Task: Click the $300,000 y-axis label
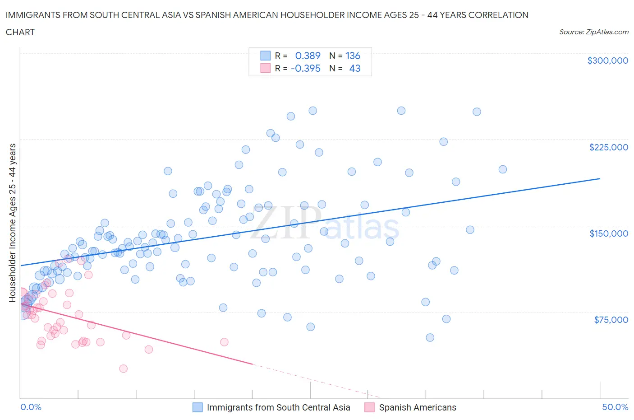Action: coord(607,61)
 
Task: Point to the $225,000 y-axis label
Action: coord(608,147)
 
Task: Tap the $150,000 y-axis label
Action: coord(608,233)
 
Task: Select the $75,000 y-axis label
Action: coord(611,320)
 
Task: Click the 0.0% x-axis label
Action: coord(31,407)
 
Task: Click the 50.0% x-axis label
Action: coord(615,407)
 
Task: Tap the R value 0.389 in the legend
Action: coord(308,56)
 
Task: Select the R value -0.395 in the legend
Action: coord(305,68)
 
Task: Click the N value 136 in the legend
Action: coord(353,56)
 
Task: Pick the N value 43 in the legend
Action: coord(354,68)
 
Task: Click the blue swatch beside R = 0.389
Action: coord(265,56)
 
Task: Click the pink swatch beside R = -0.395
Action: coord(265,68)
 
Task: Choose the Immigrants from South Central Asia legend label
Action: coord(278,407)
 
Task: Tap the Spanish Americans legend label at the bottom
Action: coord(417,407)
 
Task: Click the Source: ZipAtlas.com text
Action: coord(593,32)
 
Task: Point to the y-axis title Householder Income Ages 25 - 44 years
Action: coord(13,223)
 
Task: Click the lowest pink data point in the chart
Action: coord(123,369)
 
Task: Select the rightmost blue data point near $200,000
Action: coord(502,169)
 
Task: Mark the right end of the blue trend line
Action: coord(600,179)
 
